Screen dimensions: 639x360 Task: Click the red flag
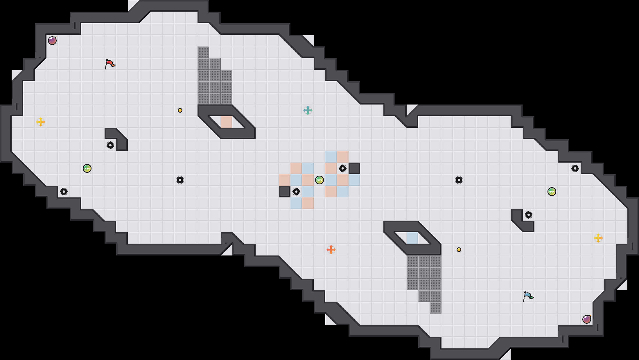point(110,64)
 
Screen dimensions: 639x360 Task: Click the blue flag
point(528,296)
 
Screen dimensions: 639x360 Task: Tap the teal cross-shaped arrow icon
point(308,110)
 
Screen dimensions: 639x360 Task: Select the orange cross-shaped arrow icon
point(331,250)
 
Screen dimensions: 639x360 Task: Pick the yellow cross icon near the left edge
point(41,122)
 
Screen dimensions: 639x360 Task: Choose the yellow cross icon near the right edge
point(598,238)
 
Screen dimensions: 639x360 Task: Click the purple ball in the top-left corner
point(52,41)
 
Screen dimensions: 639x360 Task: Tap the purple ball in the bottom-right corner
point(587,319)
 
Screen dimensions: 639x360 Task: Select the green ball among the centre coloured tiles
point(319,180)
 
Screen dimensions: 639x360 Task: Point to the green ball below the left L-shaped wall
point(87,168)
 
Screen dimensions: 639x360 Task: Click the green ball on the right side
point(552,192)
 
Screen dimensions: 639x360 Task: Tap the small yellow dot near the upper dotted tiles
point(180,110)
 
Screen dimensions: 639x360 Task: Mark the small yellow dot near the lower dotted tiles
point(459,250)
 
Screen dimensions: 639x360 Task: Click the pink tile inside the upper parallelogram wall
point(227,122)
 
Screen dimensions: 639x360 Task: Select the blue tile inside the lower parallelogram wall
point(412,238)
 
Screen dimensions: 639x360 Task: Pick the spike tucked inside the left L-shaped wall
point(110,145)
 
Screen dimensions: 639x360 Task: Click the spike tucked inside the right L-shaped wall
point(529,215)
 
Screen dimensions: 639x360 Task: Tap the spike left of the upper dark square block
point(343,168)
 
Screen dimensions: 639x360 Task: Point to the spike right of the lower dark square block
point(296,192)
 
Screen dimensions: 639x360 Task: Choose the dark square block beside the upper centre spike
point(354,168)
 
